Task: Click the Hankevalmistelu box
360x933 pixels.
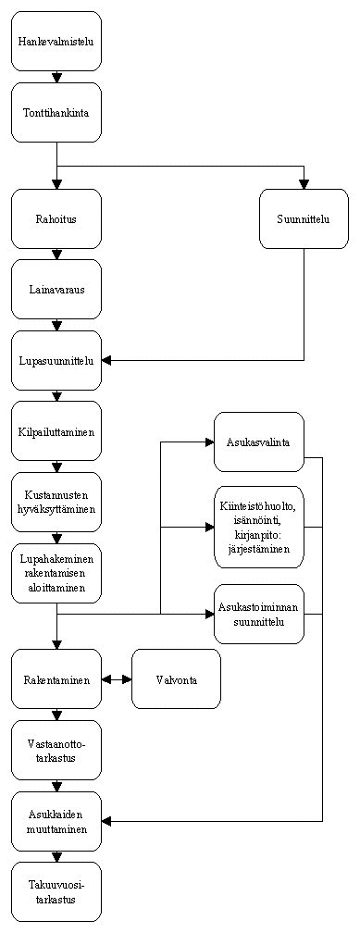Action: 56,42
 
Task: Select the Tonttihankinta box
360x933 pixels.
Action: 56,113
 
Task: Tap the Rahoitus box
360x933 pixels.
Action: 56,219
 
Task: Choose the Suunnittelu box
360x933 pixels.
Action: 304,219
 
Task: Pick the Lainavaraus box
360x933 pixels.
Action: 56,290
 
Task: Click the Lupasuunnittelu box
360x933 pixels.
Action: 56,361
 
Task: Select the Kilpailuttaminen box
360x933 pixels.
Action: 56,430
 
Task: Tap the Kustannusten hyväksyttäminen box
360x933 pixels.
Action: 56,502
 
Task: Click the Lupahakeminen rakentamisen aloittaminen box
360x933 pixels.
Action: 56,572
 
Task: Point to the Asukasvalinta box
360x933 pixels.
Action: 259,442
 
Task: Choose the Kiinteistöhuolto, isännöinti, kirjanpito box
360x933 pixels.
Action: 259,528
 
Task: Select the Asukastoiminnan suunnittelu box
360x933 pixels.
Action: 259,614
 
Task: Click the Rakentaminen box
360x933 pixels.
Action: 56,679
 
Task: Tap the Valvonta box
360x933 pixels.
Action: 176,679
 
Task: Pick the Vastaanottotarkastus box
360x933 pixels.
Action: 56,750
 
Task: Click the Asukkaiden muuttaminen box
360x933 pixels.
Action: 56,822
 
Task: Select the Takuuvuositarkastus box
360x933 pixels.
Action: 56,892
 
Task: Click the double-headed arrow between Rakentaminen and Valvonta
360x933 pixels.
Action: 117,679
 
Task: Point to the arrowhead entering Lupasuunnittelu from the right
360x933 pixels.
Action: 106,361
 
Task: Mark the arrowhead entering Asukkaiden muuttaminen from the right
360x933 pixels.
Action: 106,822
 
